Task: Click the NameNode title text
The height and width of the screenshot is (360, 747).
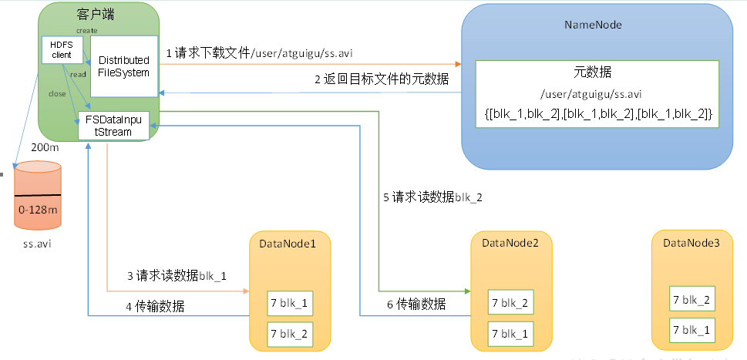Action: (x=593, y=25)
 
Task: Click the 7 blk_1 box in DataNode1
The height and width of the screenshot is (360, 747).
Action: (x=289, y=303)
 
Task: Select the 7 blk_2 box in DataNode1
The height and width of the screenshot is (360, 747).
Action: (x=289, y=334)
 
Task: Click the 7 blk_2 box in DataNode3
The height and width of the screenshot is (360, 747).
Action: (x=691, y=299)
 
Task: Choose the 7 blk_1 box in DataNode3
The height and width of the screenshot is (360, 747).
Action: (x=691, y=330)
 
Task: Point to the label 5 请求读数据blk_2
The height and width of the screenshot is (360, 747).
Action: (x=432, y=197)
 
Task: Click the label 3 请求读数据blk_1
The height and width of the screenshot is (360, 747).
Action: (x=177, y=275)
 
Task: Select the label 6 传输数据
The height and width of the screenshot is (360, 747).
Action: (x=416, y=304)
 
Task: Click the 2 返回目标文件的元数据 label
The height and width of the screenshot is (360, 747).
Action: (x=382, y=79)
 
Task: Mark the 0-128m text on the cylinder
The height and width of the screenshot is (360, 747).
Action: (x=37, y=209)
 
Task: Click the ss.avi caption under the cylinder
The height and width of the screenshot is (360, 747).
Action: (x=36, y=244)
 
